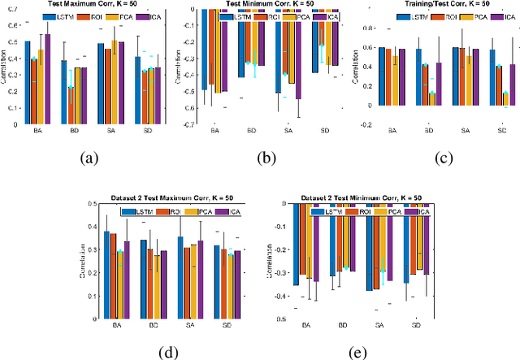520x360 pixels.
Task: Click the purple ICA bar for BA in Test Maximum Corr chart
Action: click(47, 80)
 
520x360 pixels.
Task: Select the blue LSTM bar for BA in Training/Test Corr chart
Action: click(381, 76)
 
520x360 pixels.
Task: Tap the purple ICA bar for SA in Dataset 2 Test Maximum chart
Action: click(200, 279)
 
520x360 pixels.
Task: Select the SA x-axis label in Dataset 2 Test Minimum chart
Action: click(380, 325)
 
